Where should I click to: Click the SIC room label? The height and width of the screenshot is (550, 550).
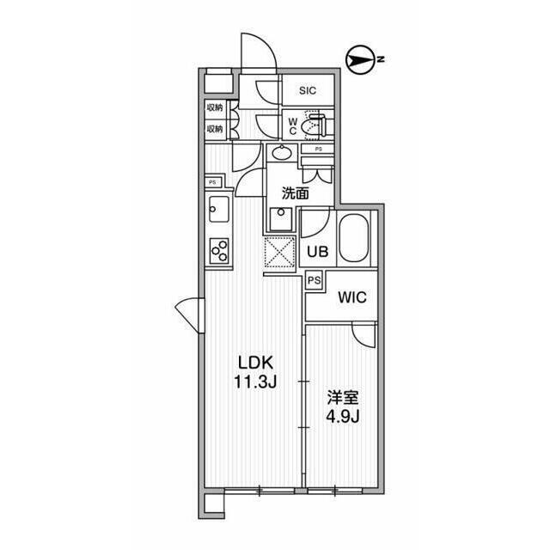coord(308,90)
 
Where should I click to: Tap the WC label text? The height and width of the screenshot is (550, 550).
coord(293,126)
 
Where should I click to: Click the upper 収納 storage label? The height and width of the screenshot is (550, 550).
coord(215,107)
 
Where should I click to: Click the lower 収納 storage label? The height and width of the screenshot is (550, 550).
coord(215,129)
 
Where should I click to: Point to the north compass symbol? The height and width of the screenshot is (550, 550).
coord(359,60)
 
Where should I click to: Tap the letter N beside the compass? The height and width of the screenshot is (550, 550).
coord(381,59)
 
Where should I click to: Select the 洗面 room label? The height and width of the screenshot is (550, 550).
coord(296,192)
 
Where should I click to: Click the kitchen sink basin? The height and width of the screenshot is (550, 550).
coord(219,209)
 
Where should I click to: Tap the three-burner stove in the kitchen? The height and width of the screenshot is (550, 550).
coord(219,251)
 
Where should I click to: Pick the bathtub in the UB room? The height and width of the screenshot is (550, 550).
coord(354,238)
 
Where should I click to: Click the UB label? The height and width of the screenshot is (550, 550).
coord(318,251)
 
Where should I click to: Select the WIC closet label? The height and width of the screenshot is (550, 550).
coord(352,297)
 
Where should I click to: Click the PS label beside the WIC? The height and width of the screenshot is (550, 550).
coord(315,280)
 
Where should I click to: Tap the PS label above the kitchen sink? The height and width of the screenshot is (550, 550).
coord(212,182)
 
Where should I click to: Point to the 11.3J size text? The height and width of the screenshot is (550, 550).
coord(255,382)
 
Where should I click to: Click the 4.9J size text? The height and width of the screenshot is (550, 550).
coord(343,416)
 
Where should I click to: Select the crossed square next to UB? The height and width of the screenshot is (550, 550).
coord(279,252)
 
